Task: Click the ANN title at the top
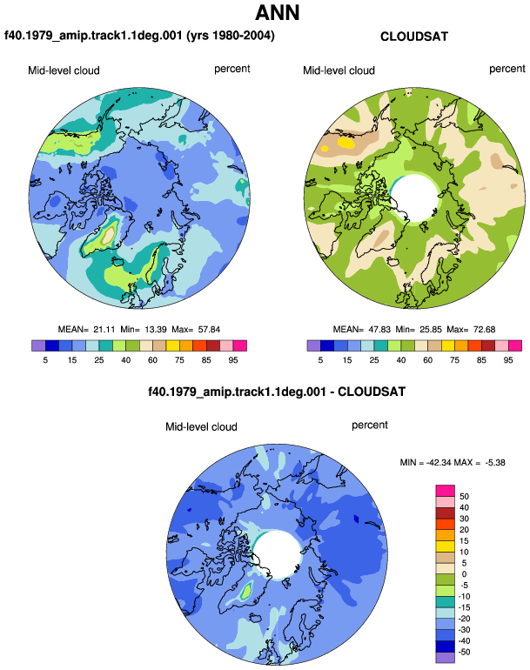277,13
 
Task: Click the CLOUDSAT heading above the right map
414,37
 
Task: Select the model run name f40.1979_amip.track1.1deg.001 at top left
93,35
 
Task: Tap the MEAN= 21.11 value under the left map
87,330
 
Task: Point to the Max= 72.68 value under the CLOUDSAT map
471,330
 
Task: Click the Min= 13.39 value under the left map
144,330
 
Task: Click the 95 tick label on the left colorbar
233,360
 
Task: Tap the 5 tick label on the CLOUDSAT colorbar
320,360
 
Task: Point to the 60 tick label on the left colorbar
152,360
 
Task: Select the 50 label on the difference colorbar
464,497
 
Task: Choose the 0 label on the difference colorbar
464,574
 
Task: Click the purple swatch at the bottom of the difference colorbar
445,658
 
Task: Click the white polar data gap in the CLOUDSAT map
414,198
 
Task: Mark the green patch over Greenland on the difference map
246,592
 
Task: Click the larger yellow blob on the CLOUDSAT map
346,143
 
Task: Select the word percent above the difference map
370,425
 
